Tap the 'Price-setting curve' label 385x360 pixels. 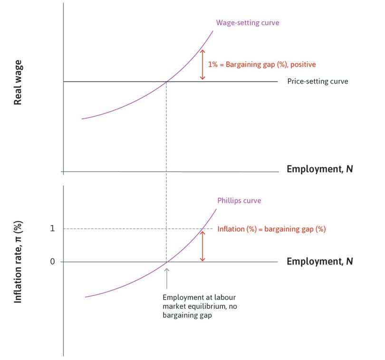[x=318, y=81]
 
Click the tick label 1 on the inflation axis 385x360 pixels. [x=52, y=228]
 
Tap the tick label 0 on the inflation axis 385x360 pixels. [x=52, y=262]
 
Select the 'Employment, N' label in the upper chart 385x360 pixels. [x=319, y=169]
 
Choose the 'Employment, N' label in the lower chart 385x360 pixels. [x=319, y=261]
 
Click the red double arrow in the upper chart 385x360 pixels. [x=202, y=65]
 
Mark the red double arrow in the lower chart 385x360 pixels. [x=202, y=246]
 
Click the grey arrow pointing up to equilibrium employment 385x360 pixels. [x=166, y=278]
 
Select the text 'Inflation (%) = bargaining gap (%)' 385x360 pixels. [x=271, y=229]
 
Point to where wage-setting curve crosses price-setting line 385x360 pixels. [x=166, y=82]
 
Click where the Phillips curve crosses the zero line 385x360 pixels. [x=166, y=262]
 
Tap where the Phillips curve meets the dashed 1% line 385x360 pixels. [x=203, y=229]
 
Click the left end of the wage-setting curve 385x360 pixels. [x=83, y=118]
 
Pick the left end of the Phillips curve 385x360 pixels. [x=86, y=297]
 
